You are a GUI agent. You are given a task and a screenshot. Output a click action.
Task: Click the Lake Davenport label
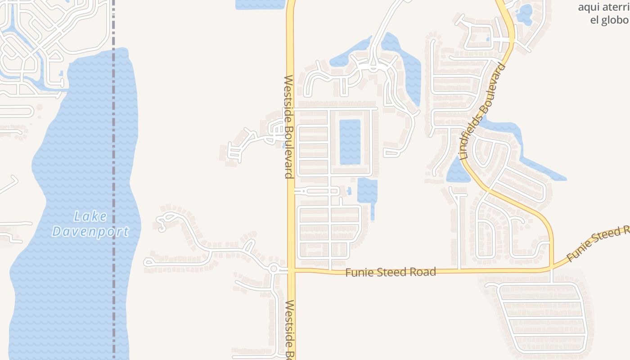(x=90, y=224)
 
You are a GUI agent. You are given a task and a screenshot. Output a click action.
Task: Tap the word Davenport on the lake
(x=90, y=232)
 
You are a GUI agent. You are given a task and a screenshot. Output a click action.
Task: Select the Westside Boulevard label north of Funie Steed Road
(x=289, y=127)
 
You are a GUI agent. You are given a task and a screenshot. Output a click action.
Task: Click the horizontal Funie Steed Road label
(x=391, y=272)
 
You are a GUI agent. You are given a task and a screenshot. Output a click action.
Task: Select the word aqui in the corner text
(x=588, y=7)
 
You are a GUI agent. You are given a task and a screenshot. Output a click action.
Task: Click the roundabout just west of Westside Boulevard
(x=274, y=269)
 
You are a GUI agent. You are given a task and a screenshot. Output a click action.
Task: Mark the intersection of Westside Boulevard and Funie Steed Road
(x=291, y=270)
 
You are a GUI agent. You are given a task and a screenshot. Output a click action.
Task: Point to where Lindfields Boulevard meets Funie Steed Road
(x=552, y=269)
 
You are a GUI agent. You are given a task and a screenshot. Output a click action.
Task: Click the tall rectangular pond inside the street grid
(x=350, y=142)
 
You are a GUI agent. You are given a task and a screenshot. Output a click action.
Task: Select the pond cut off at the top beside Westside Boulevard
(x=260, y=4)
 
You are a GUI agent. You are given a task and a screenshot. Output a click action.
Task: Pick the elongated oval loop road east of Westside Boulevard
(x=317, y=191)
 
